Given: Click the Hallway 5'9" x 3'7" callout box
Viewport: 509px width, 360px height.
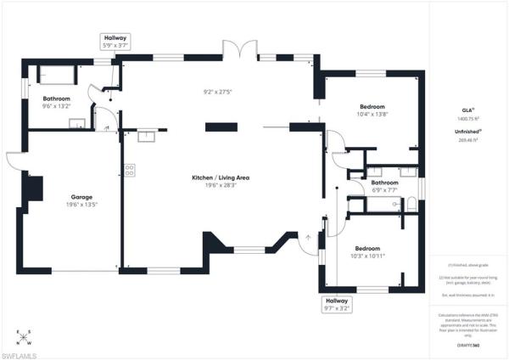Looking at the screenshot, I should (115, 42).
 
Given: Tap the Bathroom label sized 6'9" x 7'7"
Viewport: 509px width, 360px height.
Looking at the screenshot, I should (384, 183).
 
